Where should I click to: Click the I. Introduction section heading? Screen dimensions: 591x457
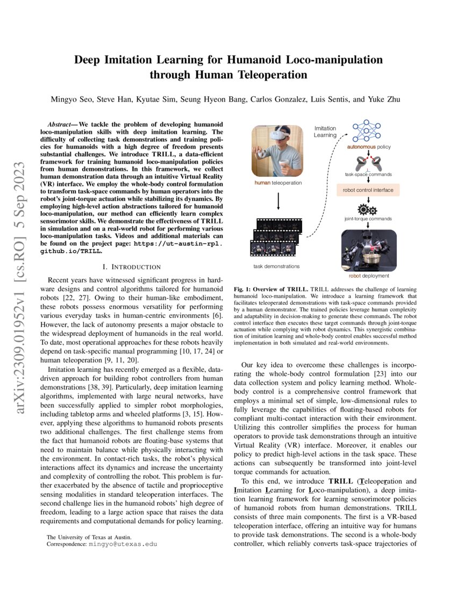(x=131, y=266)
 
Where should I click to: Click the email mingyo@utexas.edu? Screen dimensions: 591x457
(x=123, y=544)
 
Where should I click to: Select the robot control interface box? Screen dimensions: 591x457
(x=369, y=190)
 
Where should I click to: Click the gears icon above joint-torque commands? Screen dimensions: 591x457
(x=369, y=209)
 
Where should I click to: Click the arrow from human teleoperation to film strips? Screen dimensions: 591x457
(x=277, y=202)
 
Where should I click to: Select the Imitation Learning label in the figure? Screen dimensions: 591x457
(x=325, y=132)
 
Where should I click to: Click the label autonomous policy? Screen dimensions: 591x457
(x=369, y=146)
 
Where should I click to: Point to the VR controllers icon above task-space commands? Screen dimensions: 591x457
(x=369, y=162)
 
